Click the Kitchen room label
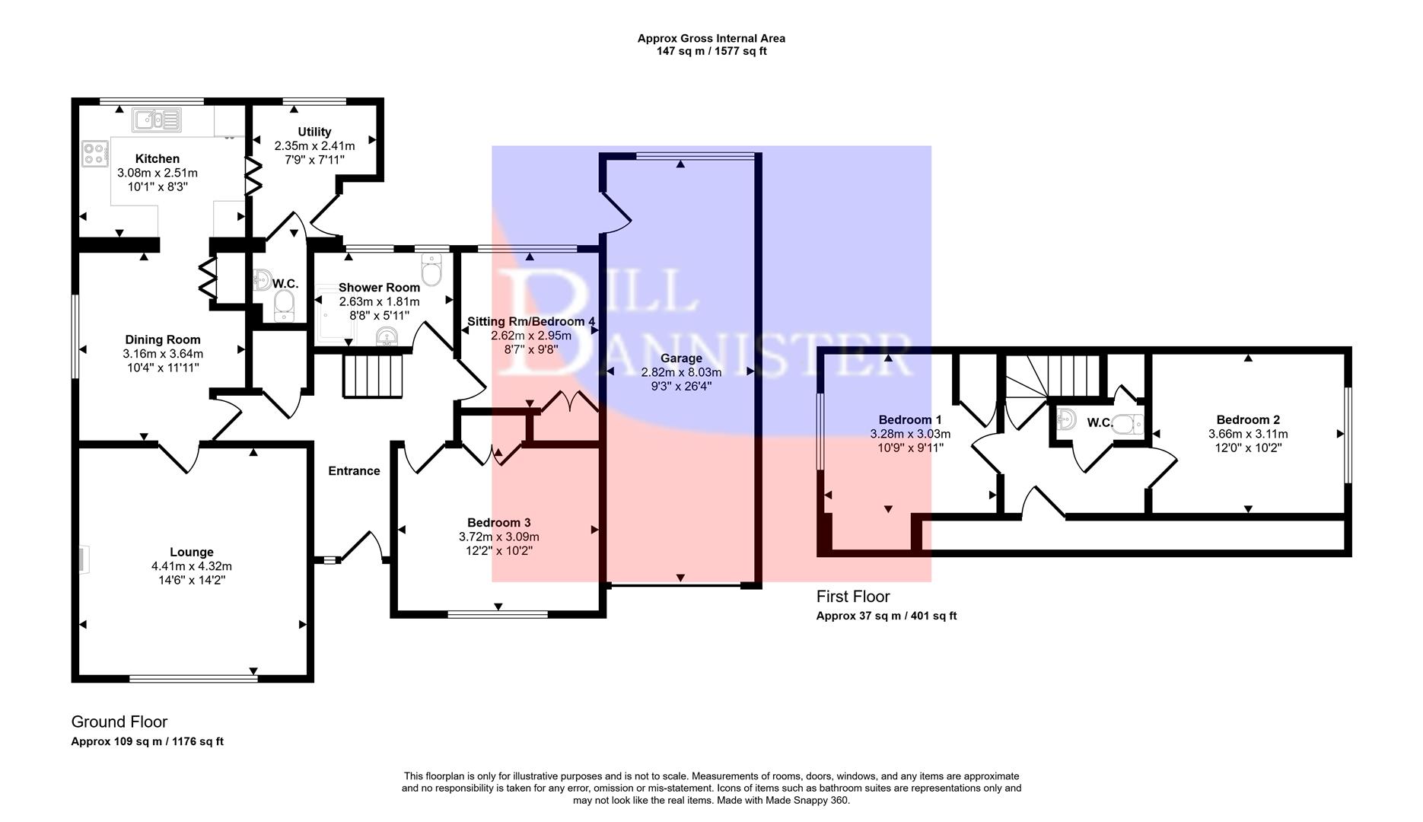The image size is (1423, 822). [x=158, y=158]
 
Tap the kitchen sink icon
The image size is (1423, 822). [x=157, y=120]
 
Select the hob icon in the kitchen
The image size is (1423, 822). [x=95, y=154]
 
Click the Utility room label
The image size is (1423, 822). [x=314, y=132]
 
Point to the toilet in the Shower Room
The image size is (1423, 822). [x=431, y=269]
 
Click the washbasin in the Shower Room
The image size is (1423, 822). [x=387, y=336]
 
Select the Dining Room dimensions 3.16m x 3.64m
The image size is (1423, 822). [x=163, y=354]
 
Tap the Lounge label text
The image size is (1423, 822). [x=192, y=552]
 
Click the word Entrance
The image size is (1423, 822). [x=354, y=471]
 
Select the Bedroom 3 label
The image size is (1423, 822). [x=498, y=522]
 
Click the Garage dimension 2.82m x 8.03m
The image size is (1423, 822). [x=681, y=372]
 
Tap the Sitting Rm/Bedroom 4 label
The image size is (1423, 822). [x=531, y=321]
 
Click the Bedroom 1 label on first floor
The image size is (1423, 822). [x=910, y=419]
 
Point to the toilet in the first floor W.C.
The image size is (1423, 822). [x=1129, y=424]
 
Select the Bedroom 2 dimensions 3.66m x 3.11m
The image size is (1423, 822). [x=1248, y=434]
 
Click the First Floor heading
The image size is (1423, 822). [x=852, y=597]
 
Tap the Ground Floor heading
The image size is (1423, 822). [x=119, y=722]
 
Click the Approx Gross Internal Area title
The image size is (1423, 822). [x=711, y=38]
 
